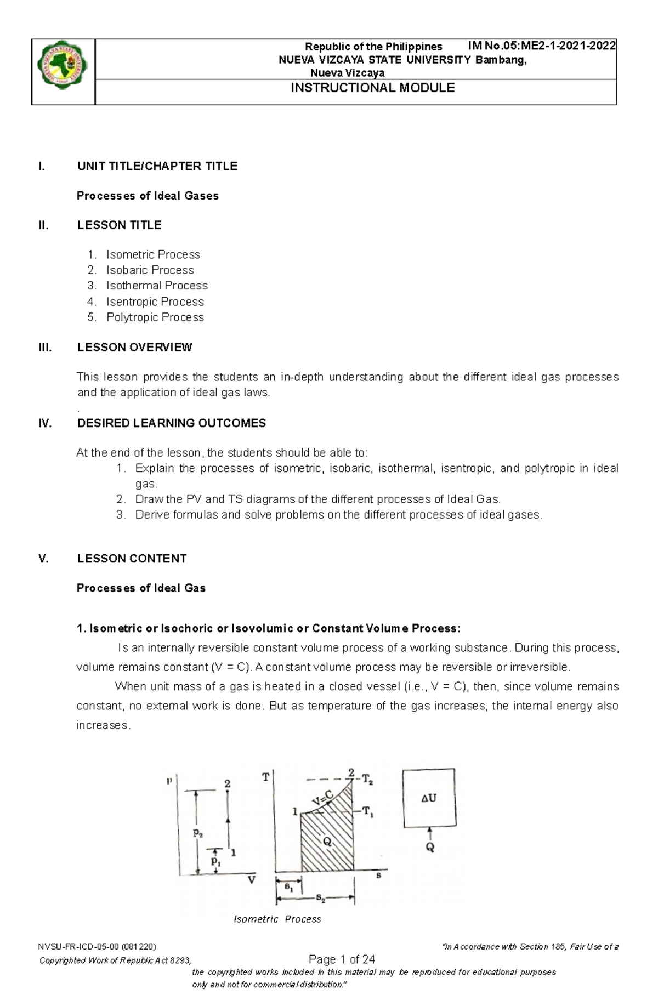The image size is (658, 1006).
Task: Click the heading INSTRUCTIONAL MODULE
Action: [x=372, y=88]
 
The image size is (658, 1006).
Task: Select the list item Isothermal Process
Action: [x=157, y=286]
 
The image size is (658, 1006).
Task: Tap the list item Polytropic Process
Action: [x=155, y=317]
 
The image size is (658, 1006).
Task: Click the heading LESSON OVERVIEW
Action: [x=134, y=348]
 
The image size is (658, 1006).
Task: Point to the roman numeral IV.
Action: [x=45, y=423]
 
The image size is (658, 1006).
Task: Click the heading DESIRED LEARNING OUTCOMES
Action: [x=171, y=423]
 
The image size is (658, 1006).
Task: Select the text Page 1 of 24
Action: [x=342, y=959]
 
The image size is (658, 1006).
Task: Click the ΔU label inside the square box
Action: [x=428, y=799]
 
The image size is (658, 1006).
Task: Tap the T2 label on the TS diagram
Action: [x=367, y=781]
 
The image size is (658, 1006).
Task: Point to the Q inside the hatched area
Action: [x=327, y=842]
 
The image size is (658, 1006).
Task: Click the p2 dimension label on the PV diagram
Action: [x=197, y=833]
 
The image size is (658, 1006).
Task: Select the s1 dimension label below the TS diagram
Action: [x=288, y=886]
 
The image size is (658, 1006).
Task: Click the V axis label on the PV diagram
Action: [x=251, y=880]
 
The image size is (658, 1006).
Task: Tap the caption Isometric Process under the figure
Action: [x=277, y=919]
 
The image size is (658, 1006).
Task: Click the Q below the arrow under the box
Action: [x=430, y=848]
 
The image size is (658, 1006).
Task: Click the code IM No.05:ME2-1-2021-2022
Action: [x=541, y=46]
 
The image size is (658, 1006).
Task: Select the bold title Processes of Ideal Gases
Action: [x=148, y=196]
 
